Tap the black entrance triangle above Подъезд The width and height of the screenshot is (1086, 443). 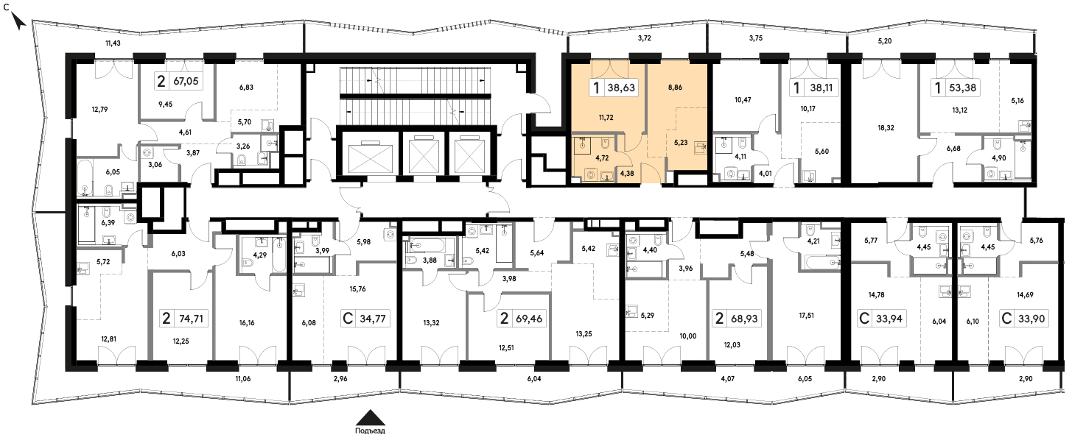371,417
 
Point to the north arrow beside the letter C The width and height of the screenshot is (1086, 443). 18,21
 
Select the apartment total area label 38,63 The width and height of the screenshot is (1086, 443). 621,88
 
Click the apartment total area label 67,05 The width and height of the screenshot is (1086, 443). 186,81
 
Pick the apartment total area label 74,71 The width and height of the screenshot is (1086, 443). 191,319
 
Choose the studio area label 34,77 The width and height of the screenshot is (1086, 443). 373,319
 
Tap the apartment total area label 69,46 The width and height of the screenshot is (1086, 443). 529,319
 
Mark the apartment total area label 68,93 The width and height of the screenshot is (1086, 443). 744,319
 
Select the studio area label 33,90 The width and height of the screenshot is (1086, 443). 1031,319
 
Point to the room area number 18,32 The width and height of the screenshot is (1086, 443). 886,128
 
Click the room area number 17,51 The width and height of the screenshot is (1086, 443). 806,316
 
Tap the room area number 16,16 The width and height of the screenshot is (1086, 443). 246,323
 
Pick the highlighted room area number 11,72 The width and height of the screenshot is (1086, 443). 606,118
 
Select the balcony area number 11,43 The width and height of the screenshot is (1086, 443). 113,43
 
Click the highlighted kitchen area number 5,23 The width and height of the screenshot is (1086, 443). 681,143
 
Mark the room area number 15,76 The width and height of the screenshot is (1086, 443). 357,289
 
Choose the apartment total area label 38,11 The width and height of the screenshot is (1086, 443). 821,88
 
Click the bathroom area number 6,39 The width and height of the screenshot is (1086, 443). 108,222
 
